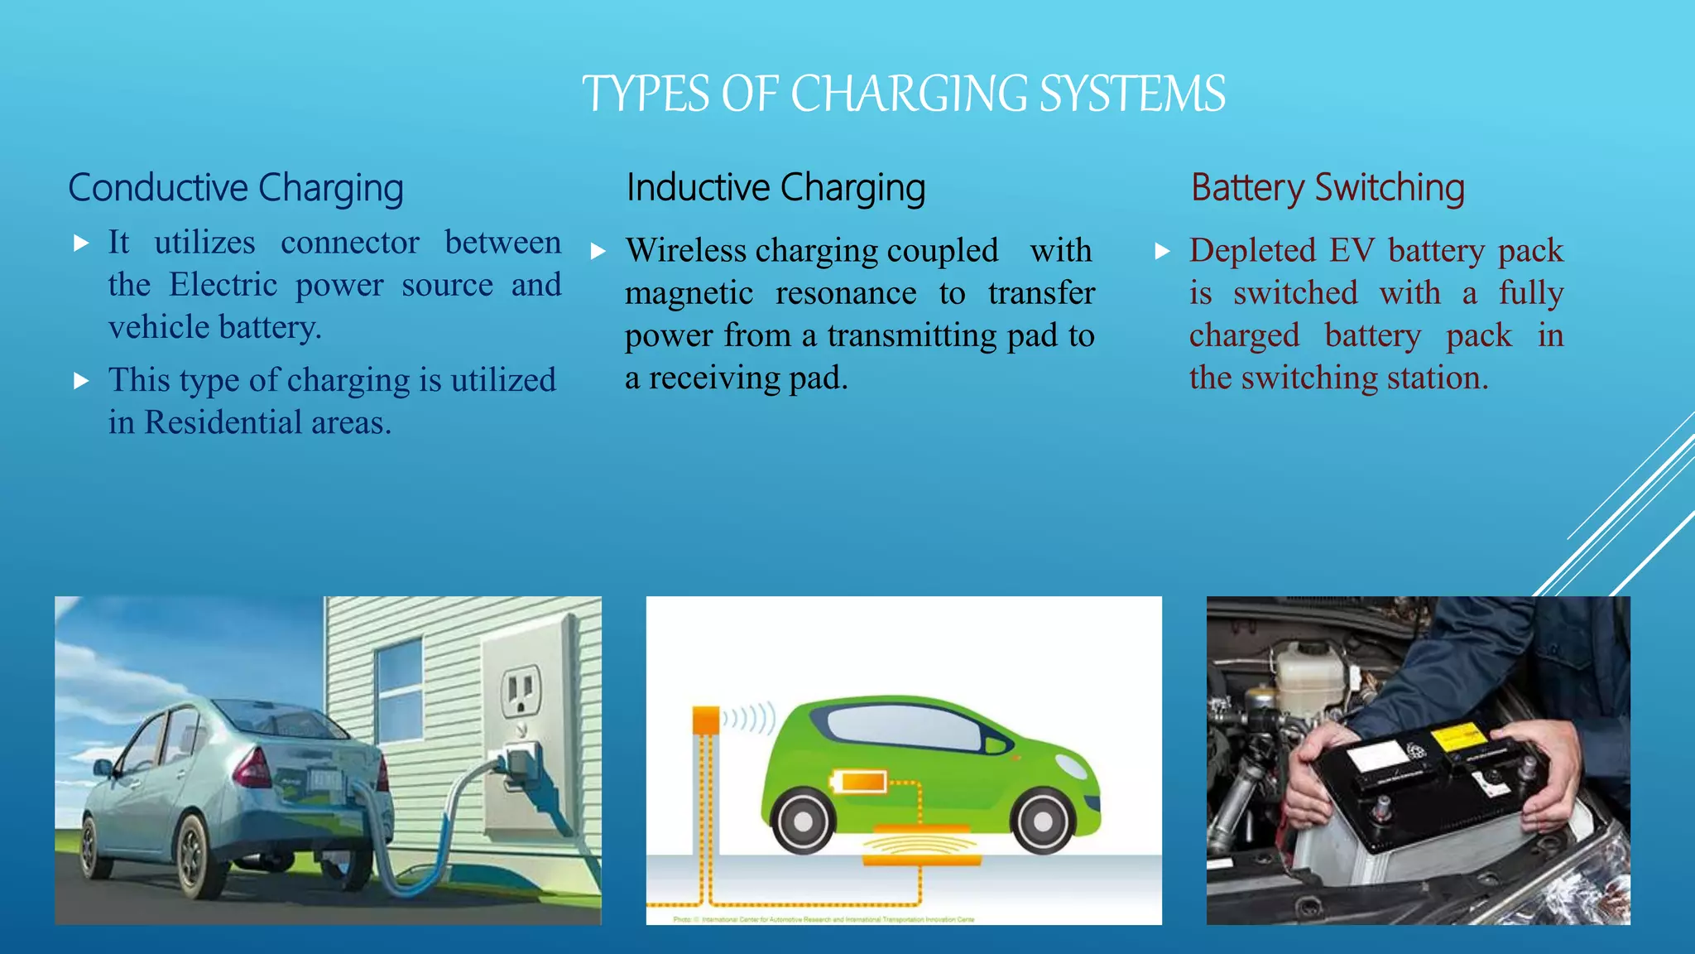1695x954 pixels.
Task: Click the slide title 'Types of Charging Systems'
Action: [x=903, y=93]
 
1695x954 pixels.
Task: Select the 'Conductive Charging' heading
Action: [x=236, y=188]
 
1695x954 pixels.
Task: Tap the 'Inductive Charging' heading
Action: [x=775, y=188]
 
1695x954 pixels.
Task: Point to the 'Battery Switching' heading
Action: [x=1328, y=188]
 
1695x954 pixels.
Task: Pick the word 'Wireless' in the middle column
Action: [x=685, y=250]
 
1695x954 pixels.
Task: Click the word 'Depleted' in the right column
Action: [x=1252, y=250]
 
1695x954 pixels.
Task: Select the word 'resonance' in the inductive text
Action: [x=846, y=293]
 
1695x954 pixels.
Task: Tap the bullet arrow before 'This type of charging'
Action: [x=81, y=381]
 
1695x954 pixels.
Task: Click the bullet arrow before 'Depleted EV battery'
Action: [x=1163, y=251]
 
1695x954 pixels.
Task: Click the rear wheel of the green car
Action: [x=803, y=820]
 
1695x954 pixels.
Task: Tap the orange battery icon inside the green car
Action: [x=859, y=781]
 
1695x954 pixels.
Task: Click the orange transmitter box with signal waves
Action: [x=706, y=719]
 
